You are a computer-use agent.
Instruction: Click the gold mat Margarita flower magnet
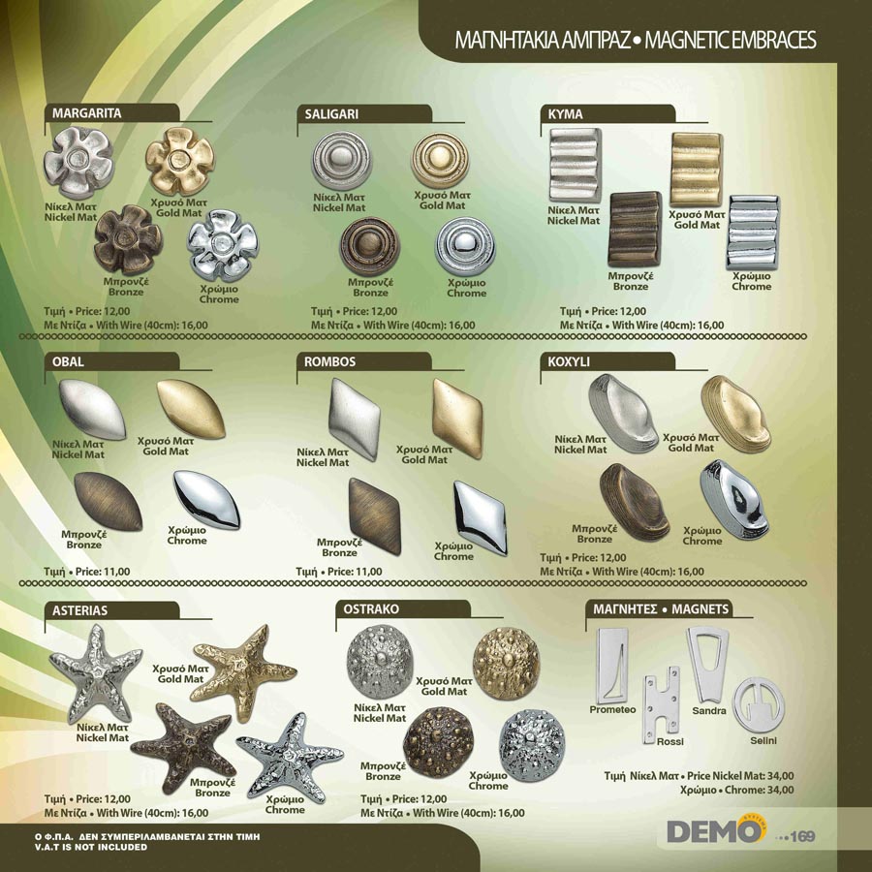(180, 161)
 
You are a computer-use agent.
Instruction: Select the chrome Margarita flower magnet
(223, 245)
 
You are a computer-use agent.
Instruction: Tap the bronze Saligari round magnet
(370, 246)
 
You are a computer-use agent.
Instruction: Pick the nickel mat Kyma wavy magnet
(575, 165)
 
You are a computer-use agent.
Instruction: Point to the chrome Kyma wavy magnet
(754, 232)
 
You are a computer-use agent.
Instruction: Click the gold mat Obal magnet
(191, 409)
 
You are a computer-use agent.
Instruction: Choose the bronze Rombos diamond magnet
(375, 515)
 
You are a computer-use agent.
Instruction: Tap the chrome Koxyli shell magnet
(735, 499)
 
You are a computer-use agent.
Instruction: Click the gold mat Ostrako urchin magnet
(506, 663)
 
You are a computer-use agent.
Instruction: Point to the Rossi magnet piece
(661, 705)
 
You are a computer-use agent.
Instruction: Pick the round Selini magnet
(759, 705)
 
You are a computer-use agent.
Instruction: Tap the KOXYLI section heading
(569, 362)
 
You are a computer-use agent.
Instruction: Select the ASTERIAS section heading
(80, 610)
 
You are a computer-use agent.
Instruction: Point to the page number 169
(802, 836)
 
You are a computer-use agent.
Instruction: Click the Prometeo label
(612, 709)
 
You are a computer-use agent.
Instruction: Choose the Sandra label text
(709, 711)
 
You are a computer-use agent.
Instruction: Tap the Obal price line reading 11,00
(87, 572)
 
